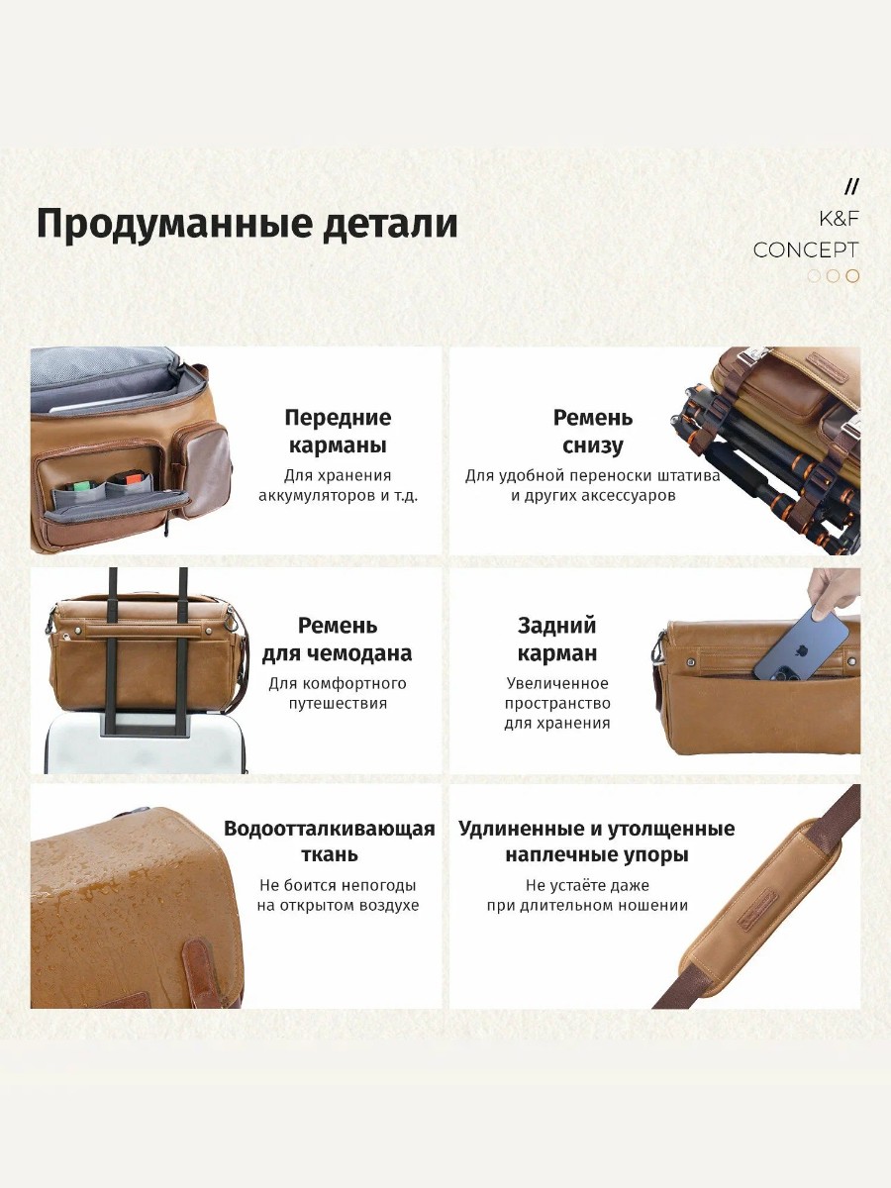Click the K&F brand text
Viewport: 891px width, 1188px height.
[x=839, y=219]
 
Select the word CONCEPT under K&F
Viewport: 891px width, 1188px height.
[x=806, y=250]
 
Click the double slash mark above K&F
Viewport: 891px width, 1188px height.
[x=851, y=187]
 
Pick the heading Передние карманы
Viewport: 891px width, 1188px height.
[x=338, y=432]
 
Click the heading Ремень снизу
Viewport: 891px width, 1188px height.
[x=592, y=432]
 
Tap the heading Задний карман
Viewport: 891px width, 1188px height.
[x=556, y=640]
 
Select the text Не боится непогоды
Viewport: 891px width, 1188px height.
[x=338, y=885]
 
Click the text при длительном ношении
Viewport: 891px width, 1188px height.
[x=587, y=906]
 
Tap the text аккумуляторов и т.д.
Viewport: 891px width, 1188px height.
[x=338, y=496]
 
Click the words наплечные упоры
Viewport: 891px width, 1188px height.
[x=597, y=854]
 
